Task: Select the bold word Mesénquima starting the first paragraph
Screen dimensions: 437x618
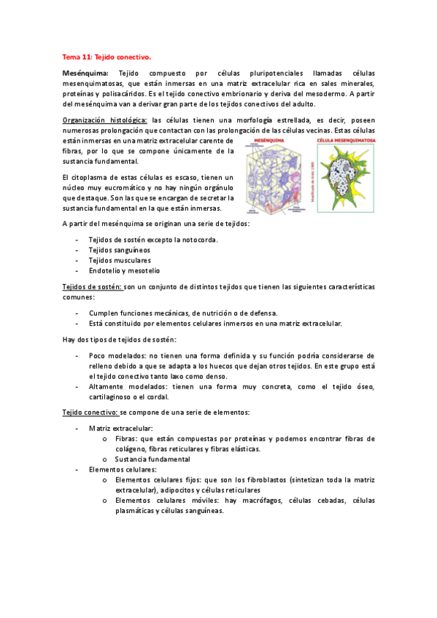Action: (85, 74)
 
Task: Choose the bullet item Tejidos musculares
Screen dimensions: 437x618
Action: (120, 260)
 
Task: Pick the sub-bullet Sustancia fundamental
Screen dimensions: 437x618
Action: (152, 459)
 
